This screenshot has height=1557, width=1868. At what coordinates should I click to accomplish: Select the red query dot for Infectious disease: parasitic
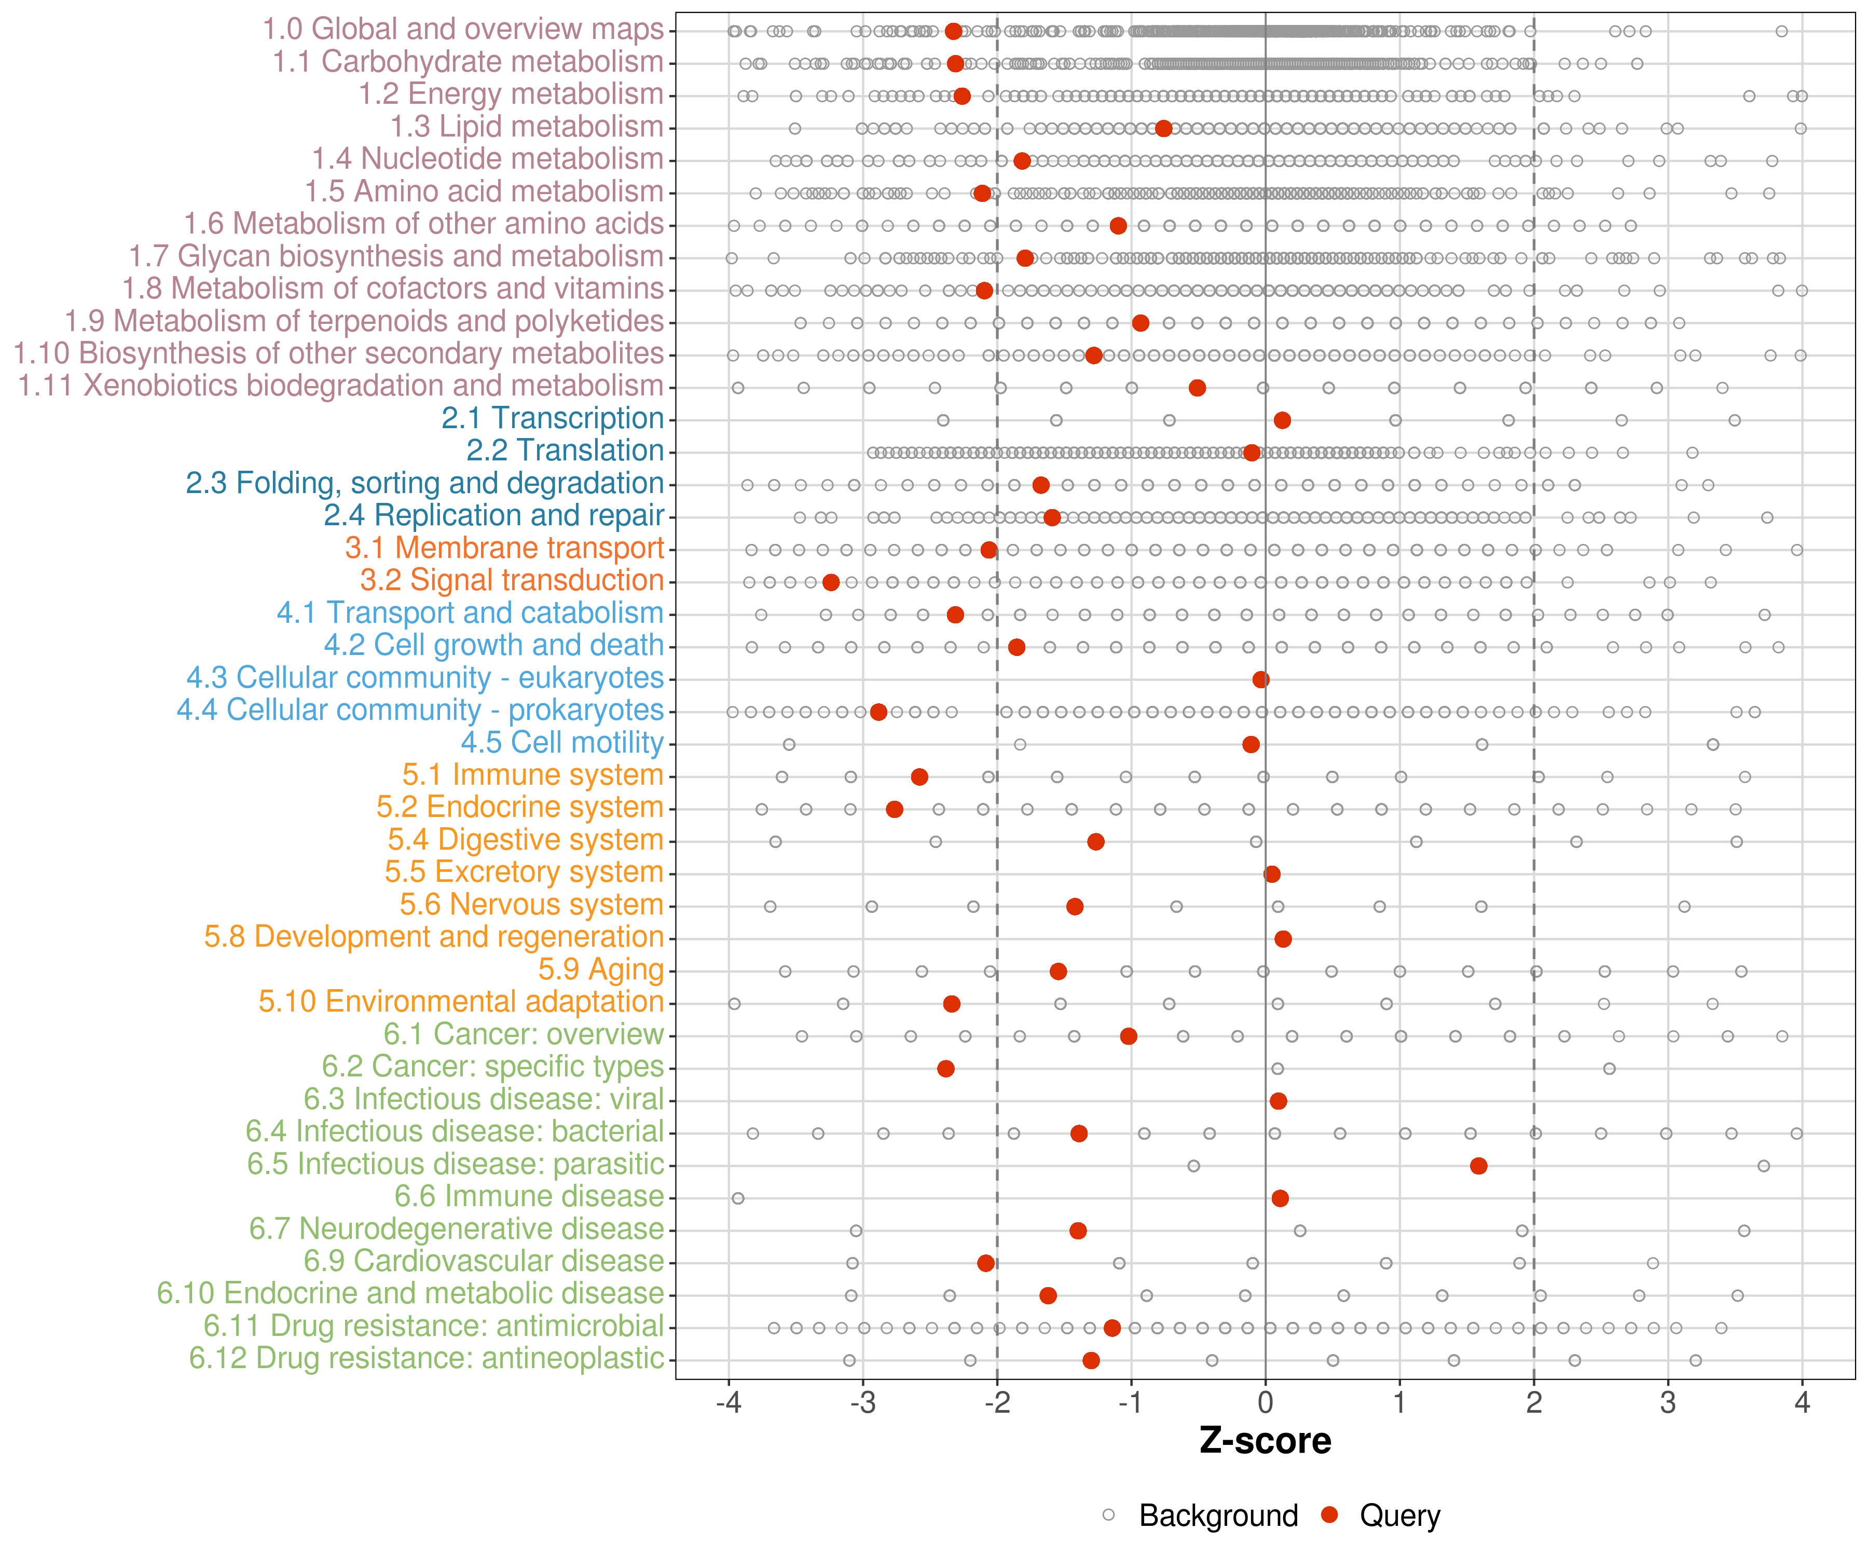click(x=1478, y=1166)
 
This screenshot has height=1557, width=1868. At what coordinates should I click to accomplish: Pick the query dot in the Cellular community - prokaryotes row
click(x=878, y=712)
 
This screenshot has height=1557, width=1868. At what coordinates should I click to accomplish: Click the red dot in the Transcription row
click(x=1282, y=420)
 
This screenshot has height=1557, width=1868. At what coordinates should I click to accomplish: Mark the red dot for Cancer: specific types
click(x=945, y=1069)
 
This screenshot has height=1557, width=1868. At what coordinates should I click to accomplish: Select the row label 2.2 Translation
click(x=565, y=450)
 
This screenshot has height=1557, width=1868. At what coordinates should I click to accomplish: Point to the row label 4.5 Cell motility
click(x=562, y=742)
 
